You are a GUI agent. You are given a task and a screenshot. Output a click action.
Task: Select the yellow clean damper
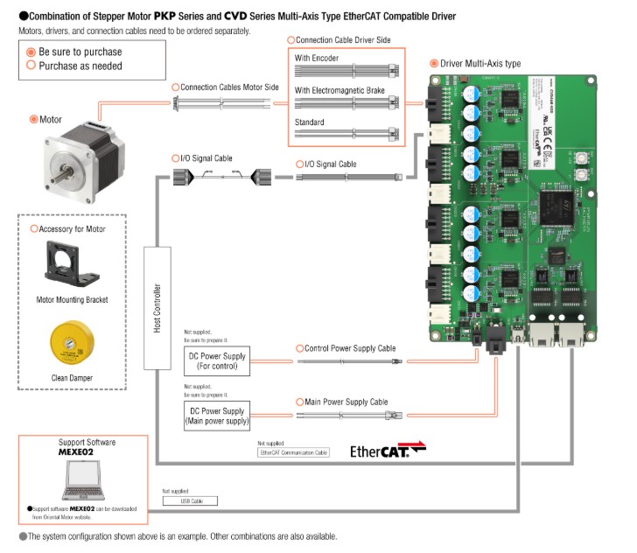(x=73, y=343)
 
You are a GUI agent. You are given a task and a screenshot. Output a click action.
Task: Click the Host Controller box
(x=157, y=297)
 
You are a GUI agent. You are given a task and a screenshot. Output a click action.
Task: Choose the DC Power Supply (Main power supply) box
(x=217, y=414)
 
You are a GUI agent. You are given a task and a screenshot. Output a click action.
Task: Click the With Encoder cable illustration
(x=346, y=71)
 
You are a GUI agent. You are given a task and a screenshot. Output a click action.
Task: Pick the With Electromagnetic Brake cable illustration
(x=346, y=102)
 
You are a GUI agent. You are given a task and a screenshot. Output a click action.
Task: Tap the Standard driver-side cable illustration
(x=346, y=135)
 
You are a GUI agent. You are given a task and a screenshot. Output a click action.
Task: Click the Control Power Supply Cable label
(x=349, y=348)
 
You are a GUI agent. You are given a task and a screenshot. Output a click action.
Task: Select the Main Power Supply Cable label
(x=346, y=402)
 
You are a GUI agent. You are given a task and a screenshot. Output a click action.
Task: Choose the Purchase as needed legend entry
(x=74, y=65)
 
